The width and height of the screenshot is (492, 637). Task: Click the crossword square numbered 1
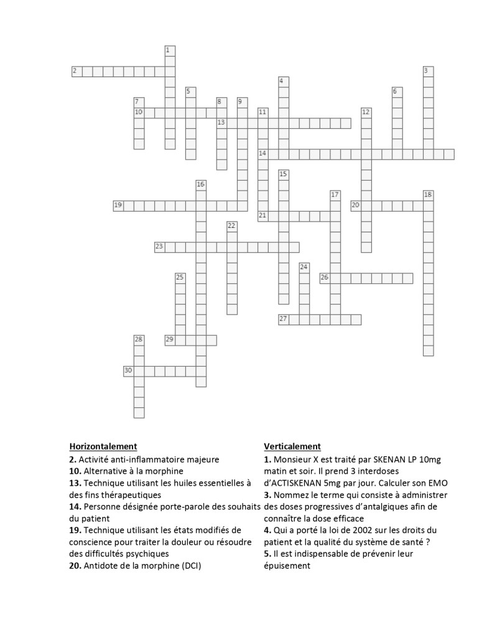(x=170, y=50)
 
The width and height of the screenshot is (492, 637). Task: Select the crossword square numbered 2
(x=77, y=71)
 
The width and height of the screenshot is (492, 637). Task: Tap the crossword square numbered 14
(x=263, y=154)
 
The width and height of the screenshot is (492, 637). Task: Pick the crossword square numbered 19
(x=118, y=205)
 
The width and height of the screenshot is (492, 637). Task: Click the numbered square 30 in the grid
(x=129, y=371)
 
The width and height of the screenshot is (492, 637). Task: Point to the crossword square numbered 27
(x=284, y=319)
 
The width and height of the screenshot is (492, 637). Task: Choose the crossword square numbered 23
(x=160, y=247)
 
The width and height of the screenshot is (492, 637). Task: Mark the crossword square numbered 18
(x=428, y=196)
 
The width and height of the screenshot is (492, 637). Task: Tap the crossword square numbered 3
(x=428, y=71)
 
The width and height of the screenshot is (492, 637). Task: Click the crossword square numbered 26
(x=325, y=278)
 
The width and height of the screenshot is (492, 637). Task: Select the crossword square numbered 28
(x=139, y=340)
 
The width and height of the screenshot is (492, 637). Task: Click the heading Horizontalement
(x=103, y=446)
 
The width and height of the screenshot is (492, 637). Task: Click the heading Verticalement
(x=292, y=446)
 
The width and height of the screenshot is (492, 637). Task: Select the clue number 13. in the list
(x=75, y=483)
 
